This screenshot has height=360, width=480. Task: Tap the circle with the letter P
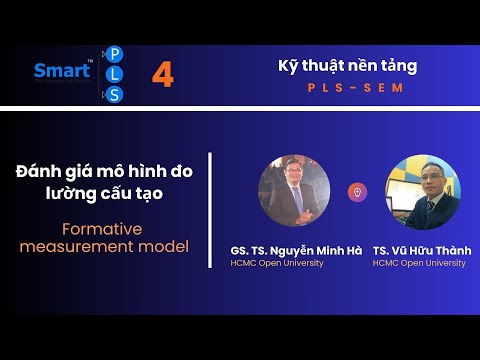tap(114, 54)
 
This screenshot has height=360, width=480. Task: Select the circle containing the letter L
tap(114, 74)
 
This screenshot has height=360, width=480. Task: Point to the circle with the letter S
tap(114, 95)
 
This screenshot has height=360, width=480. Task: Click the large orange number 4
tap(162, 75)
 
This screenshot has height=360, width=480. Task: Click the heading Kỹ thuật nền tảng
tap(347, 66)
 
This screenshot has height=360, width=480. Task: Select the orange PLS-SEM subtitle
tap(346, 88)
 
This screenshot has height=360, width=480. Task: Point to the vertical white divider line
tap(210, 210)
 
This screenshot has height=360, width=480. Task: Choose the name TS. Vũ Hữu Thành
tap(419, 249)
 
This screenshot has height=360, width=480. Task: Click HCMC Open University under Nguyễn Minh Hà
tap(277, 263)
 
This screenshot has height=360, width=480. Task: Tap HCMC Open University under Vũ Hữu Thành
tap(419, 263)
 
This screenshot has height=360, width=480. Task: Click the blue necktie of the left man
tap(297, 198)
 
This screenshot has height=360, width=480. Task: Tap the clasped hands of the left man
tap(297, 217)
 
